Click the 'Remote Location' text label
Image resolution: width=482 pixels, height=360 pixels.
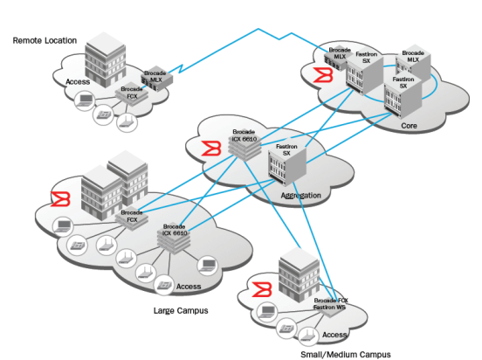click(x=45, y=40)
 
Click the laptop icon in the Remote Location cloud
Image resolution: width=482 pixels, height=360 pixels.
click(x=85, y=103)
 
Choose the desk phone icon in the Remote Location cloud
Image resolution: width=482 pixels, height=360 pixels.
click(x=104, y=113)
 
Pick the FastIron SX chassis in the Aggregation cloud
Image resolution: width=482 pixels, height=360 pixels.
click(x=286, y=168)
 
